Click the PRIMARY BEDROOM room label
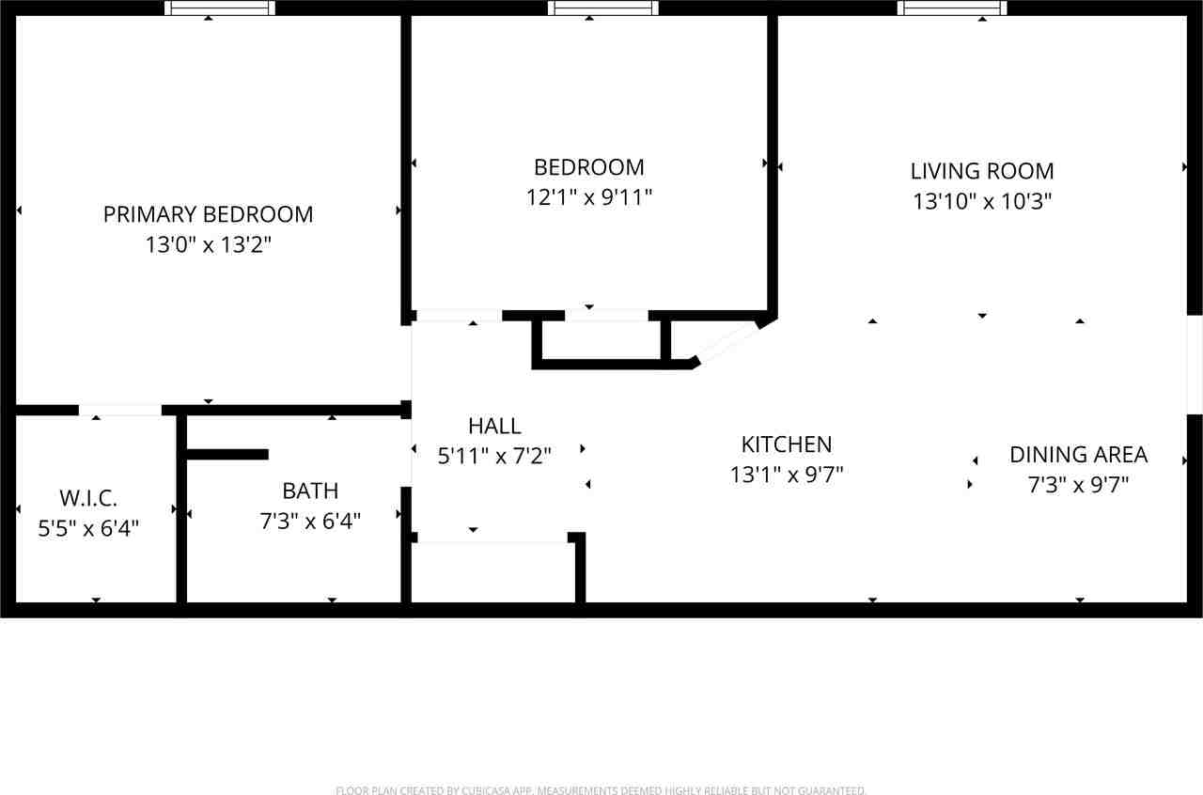208,214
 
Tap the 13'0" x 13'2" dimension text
208,245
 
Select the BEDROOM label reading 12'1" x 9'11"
588,167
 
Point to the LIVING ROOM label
982,171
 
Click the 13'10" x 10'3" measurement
982,201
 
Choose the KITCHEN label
787,444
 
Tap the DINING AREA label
1078,455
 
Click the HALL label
494,427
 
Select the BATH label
310,491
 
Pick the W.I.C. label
88,498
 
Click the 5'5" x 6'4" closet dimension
88,529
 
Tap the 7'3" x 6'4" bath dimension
310,522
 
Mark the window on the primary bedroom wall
220,8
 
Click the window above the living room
952,8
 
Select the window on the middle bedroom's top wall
602,8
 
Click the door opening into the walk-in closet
119,410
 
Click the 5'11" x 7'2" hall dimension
494,457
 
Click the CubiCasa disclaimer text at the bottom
601,790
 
